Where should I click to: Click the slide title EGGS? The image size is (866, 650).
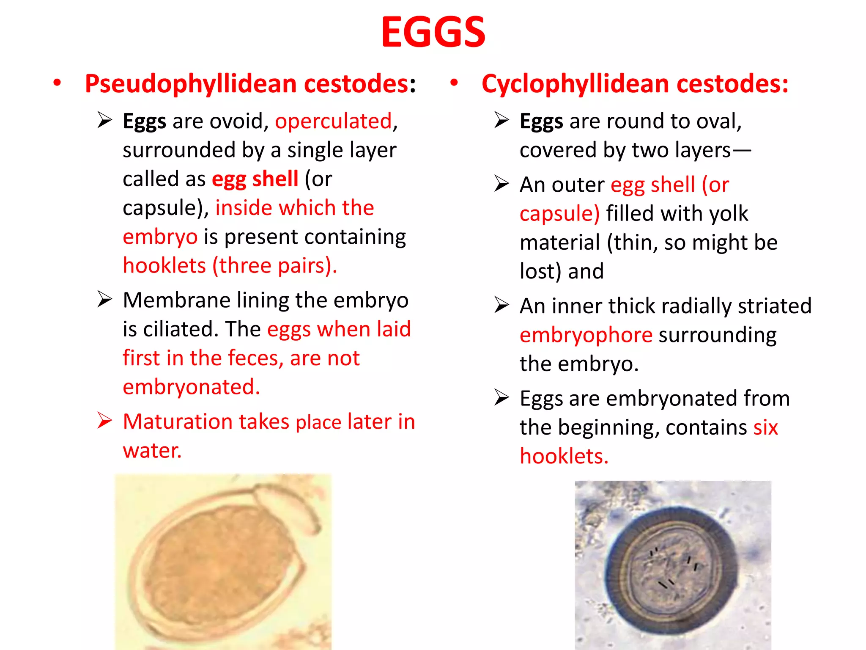433,32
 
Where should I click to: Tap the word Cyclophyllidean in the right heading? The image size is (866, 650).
576,83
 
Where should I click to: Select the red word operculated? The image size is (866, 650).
334,121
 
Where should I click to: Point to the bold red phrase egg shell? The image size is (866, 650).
255,179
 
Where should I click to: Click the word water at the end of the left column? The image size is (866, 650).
152,450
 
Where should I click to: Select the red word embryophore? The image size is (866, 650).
586,335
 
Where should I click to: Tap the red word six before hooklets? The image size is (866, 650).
765,427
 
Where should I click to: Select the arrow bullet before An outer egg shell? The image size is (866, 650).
502,184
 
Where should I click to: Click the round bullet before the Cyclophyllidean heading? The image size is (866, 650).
454,83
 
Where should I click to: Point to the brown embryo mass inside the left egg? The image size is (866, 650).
220,563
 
